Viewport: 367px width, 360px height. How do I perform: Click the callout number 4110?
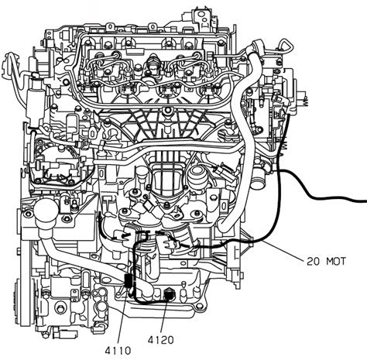[x=118, y=351]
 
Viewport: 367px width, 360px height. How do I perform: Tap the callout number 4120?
[x=161, y=340]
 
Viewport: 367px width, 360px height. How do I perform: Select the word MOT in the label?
[x=336, y=262]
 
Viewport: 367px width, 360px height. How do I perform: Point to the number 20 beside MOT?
[x=313, y=262]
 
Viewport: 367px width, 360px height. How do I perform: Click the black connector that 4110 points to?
[x=129, y=280]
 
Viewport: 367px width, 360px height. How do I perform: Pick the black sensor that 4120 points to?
[x=169, y=294]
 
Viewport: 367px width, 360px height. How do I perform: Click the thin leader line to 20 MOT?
[x=283, y=249]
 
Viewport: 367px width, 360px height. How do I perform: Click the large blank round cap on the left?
[x=46, y=211]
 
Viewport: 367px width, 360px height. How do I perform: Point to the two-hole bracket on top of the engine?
[x=204, y=18]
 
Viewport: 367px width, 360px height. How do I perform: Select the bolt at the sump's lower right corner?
[x=198, y=307]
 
